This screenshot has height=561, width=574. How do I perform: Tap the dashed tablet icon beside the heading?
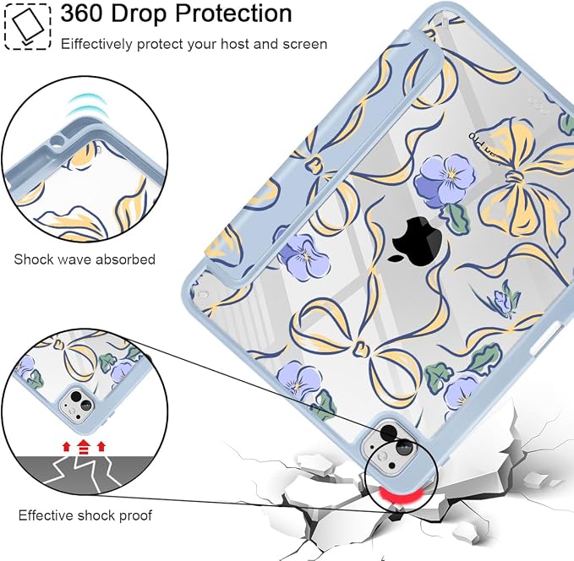pyautogui.click(x=27, y=26)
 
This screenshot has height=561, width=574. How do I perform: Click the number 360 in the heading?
pyautogui.click(x=82, y=14)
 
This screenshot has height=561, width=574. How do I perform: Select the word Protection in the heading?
pyautogui.click(x=233, y=14)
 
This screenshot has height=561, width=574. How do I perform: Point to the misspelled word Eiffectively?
pyautogui.click(x=96, y=44)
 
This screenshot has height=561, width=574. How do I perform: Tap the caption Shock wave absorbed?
pyautogui.click(x=85, y=259)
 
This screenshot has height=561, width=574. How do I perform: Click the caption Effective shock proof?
pyautogui.click(x=85, y=515)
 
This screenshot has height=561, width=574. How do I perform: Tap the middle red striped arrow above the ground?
pyautogui.click(x=84, y=446)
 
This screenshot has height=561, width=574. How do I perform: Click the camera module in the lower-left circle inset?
pyautogui.click(x=78, y=405)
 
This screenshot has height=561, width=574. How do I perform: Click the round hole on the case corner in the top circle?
pyautogui.click(x=57, y=139)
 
